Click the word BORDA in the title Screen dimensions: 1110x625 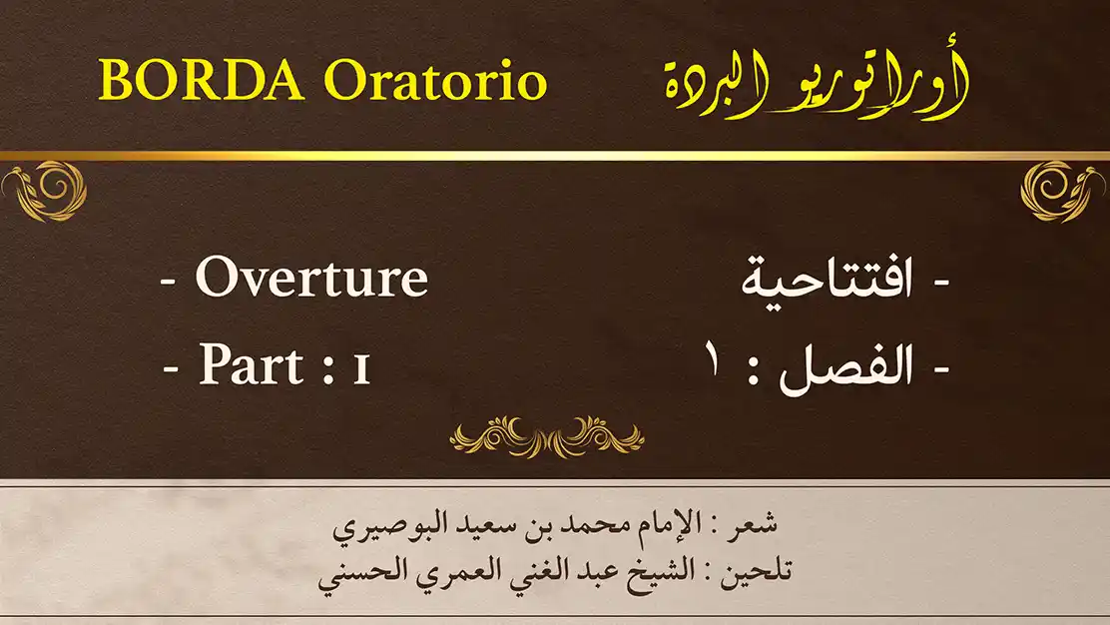[x=202, y=79]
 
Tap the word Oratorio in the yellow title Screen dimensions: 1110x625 [x=435, y=80]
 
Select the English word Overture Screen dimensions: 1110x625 [x=311, y=277]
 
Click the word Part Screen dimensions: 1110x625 [x=252, y=365]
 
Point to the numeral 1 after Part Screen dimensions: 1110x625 [x=361, y=368]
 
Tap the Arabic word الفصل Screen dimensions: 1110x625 [x=845, y=366]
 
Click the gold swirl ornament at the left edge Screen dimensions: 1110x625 [x=45, y=191]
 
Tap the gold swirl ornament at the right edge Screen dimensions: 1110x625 [x=1062, y=191]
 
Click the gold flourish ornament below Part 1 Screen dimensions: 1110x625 [x=546, y=436]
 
